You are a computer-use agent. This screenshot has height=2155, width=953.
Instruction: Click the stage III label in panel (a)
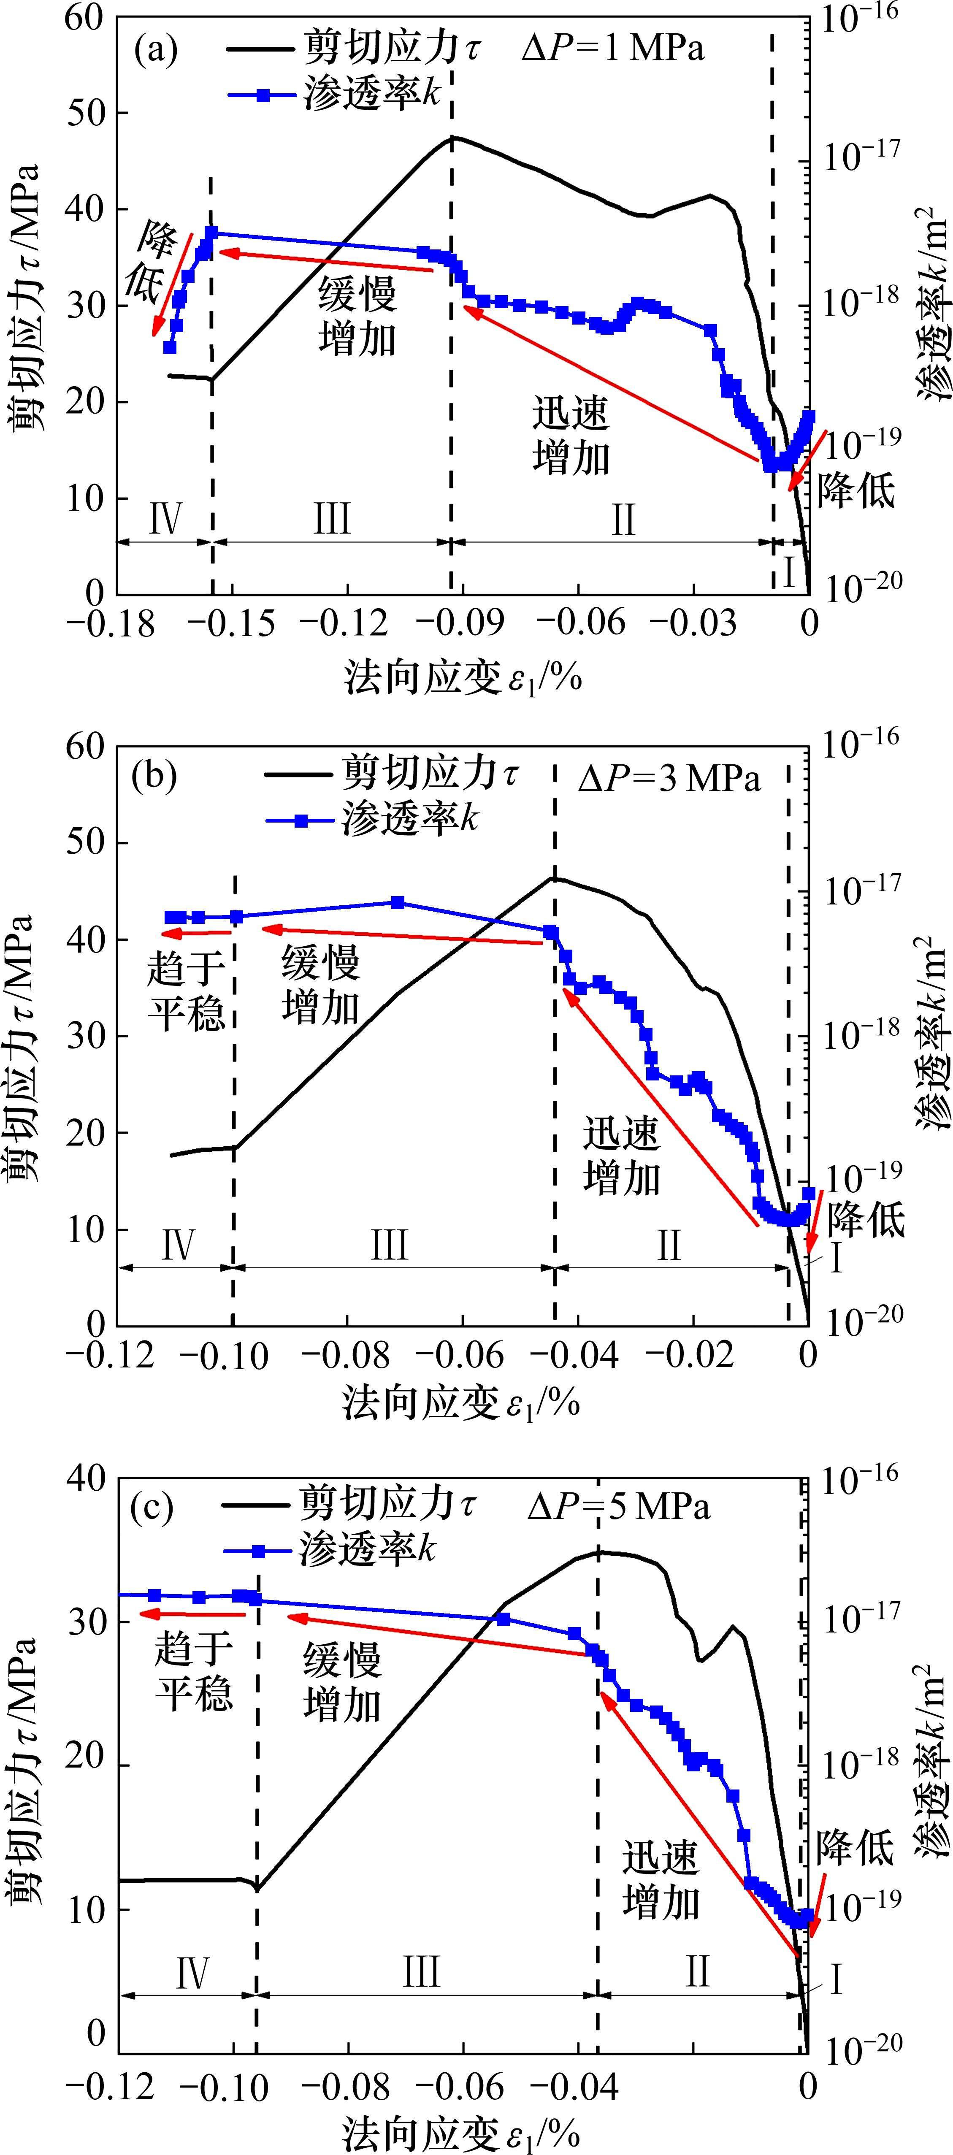click(x=331, y=519)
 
